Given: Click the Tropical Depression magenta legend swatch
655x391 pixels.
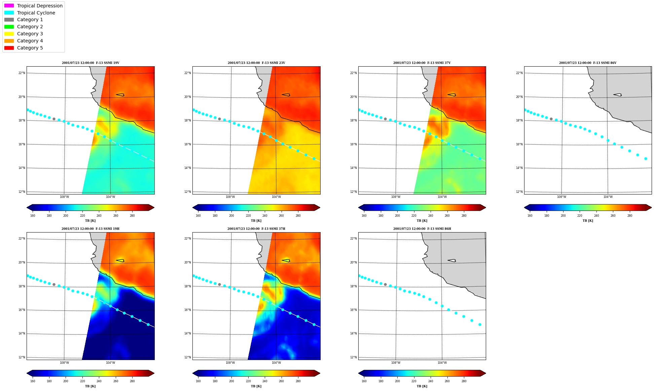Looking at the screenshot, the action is (x=9, y=6).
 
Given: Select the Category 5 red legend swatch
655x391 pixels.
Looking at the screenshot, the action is (x=9, y=48).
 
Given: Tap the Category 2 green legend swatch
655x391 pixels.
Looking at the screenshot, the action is (x=9, y=27).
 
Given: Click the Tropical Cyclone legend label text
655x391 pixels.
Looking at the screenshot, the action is (x=36, y=13).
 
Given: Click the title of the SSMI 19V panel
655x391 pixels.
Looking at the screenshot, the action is (x=90, y=63).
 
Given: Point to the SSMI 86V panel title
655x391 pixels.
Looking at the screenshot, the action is (x=588, y=63).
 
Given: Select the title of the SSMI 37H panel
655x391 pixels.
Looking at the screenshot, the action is (x=256, y=229).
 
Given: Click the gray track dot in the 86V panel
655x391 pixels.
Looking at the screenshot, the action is (x=551, y=119).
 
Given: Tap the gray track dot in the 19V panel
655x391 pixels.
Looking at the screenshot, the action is (x=54, y=119).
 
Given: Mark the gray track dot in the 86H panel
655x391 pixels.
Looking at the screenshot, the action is (x=385, y=285).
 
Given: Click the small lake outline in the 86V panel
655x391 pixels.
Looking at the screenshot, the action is (x=618, y=95).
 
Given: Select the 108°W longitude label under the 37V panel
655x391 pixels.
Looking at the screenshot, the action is (x=396, y=197).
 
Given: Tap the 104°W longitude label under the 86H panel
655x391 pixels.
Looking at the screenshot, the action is (x=442, y=363).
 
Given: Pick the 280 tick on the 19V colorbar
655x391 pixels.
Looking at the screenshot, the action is (x=132, y=216).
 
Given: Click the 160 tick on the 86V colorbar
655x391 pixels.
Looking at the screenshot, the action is (x=530, y=216).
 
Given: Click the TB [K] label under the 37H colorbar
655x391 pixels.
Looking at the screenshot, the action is (x=256, y=386).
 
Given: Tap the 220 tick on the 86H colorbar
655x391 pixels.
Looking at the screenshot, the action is (x=414, y=381).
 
